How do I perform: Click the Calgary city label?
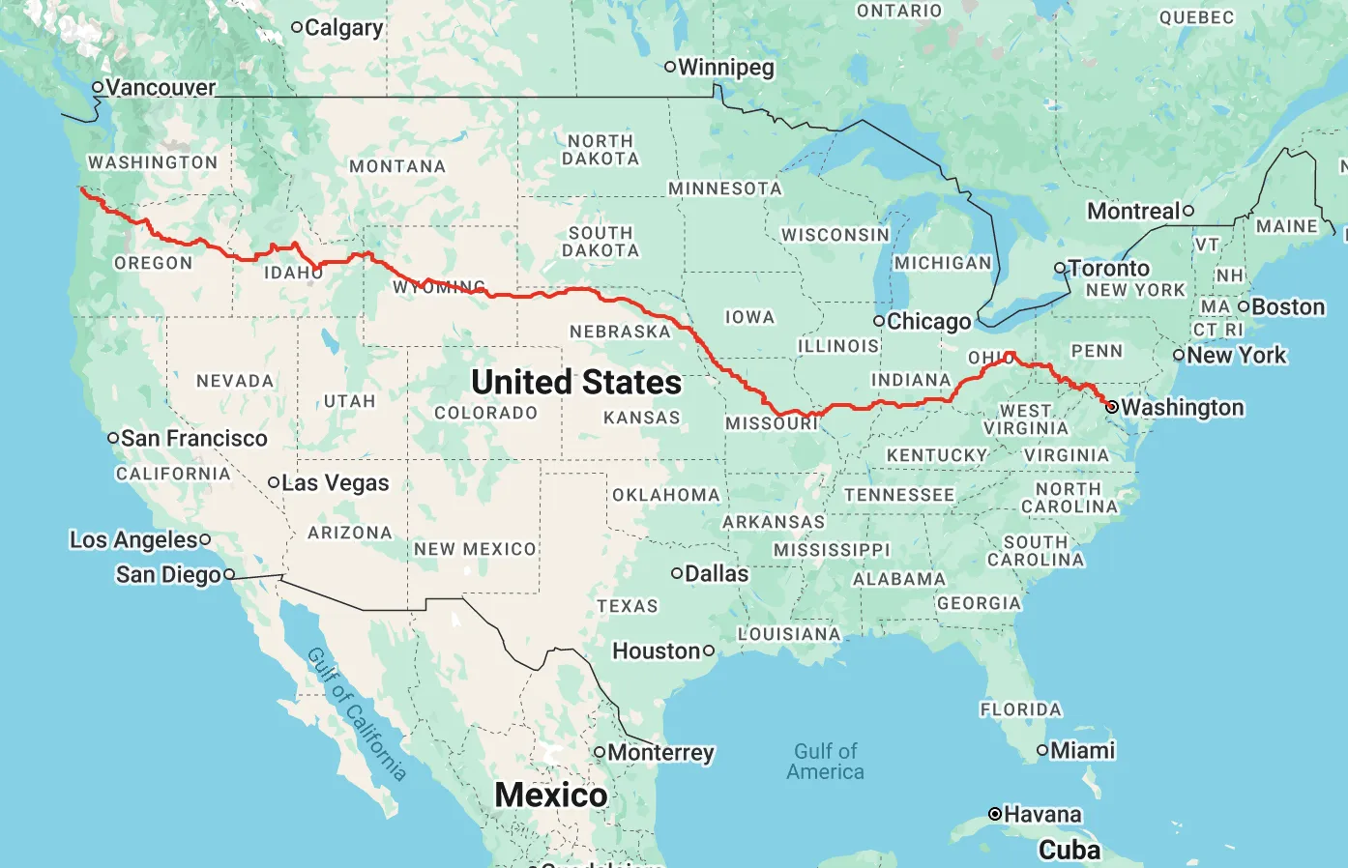point(343,28)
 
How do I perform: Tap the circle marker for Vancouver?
point(98,87)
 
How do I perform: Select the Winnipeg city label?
point(726,67)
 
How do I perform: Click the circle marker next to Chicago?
point(879,321)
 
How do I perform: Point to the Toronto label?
point(1109,268)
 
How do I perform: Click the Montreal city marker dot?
point(1188,211)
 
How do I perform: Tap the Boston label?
point(1288,307)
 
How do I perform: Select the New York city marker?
point(1179,355)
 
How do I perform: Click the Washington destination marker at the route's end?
point(1112,407)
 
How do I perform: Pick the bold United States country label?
point(576,382)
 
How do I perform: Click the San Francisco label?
point(194,438)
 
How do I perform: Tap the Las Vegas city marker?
point(274,482)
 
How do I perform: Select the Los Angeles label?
point(133,539)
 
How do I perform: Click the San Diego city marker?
point(229,574)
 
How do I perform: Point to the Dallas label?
point(717,573)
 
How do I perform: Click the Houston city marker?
point(709,651)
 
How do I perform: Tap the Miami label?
point(1083,750)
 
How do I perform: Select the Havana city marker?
point(994,814)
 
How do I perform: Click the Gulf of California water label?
point(356,714)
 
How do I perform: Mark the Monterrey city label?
point(661,752)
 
